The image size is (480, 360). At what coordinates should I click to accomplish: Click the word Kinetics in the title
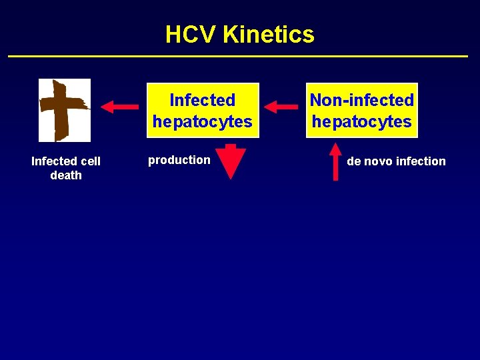point(269,34)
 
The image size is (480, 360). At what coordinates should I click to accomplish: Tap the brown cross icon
point(64,110)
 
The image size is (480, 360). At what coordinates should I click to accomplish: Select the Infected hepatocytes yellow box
point(202,111)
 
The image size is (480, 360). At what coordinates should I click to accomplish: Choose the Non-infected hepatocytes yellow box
point(361,111)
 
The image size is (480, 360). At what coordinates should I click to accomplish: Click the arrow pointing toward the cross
point(119,106)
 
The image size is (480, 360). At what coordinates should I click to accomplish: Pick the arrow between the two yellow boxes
point(281,106)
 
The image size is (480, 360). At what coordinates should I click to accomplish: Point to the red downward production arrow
point(231,161)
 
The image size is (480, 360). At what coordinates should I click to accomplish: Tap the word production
point(179,160)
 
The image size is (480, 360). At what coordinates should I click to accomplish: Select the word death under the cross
point(66,175)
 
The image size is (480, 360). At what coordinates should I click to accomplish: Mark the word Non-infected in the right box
point(361,100)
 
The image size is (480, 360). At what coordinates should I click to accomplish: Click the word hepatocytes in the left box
point(202,121)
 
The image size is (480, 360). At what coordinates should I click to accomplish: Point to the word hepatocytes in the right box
point(361,121)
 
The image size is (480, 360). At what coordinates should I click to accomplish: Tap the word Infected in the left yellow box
point(202,100)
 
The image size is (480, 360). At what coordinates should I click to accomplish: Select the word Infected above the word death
point(53,161)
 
